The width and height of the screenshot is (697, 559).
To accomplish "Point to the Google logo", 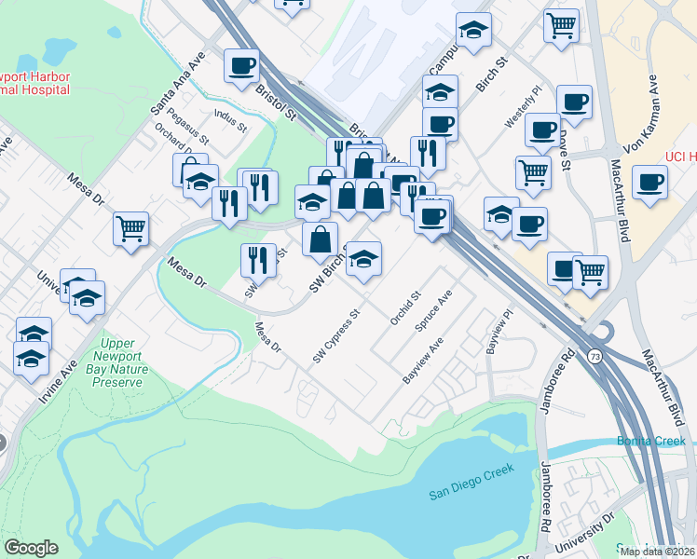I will [31, 548].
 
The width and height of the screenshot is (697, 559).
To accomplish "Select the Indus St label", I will [230, 121].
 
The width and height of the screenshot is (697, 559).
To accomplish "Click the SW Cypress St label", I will [335, 336].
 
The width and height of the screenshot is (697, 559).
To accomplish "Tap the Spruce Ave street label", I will [433, 311].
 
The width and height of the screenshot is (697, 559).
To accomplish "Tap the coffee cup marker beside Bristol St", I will [242, 66].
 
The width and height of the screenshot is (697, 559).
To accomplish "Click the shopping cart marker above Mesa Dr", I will [131, 228].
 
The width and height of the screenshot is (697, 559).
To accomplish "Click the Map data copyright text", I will [658, 552].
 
